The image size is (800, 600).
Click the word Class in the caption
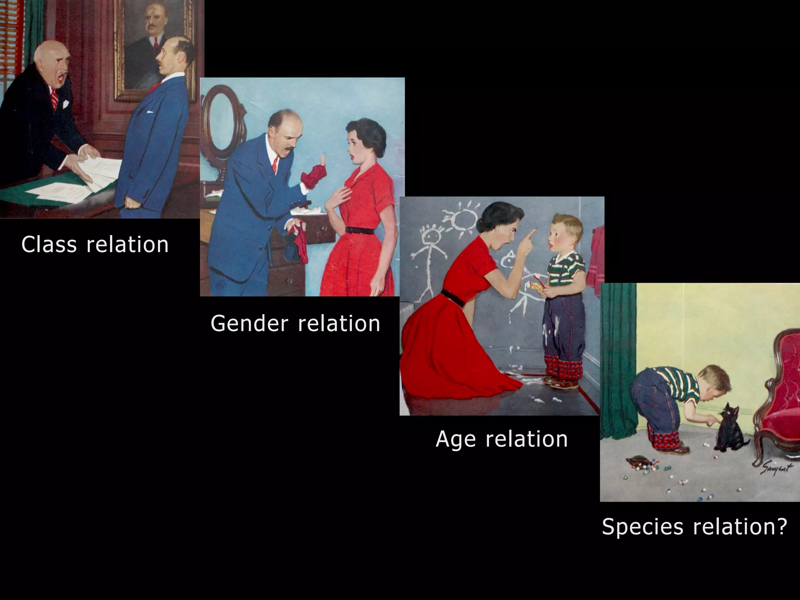click(49, 245)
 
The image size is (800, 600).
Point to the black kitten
click(729, 430)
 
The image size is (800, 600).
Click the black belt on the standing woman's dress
click(359, 230)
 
